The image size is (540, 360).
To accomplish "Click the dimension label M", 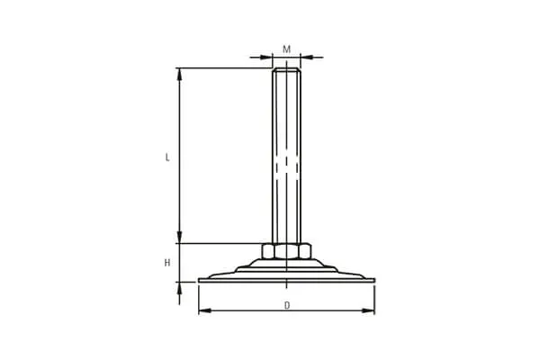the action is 286,49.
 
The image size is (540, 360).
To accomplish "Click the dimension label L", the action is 167,157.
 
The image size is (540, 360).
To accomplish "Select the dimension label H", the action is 167,263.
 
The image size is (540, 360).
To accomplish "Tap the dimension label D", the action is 287,305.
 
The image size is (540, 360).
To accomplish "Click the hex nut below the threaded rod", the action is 286,251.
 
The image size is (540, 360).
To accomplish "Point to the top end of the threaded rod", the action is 286,68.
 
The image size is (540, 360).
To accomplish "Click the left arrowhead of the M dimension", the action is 266,58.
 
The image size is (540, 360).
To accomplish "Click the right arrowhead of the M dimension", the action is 306,58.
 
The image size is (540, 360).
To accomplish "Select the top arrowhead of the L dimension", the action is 179,74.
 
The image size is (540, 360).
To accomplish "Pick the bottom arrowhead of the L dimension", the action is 179,238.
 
